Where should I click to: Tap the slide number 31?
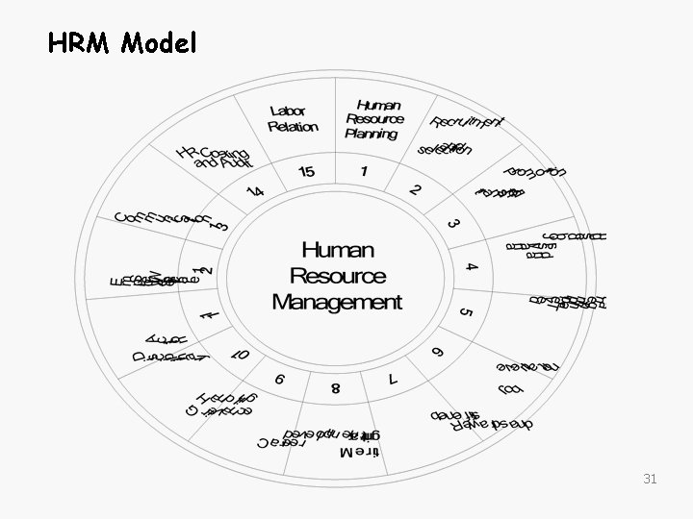650,478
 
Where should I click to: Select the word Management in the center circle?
337,302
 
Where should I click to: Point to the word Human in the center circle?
337,251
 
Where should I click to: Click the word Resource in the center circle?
337,277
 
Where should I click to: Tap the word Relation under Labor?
293,126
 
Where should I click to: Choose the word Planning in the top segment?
372,134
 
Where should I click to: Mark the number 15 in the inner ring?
306,171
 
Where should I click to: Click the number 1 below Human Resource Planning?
364,171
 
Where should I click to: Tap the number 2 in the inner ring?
415,189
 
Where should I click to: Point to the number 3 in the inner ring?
452,223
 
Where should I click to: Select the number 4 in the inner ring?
471,265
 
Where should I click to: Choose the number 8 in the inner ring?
335,388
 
